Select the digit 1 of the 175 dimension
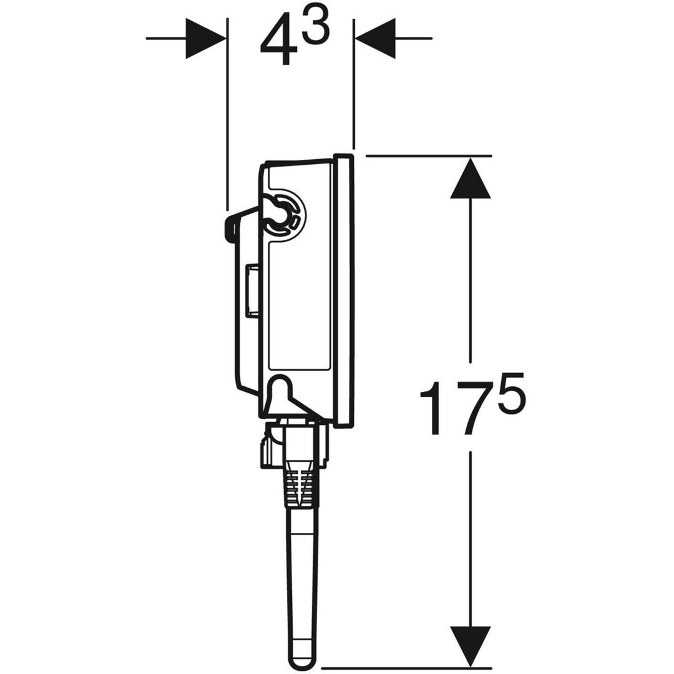[x=432, y=408]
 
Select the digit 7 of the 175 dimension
[x=469, y=408]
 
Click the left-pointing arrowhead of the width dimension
[x=374, y=38]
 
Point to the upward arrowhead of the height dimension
[x=471, y=178]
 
